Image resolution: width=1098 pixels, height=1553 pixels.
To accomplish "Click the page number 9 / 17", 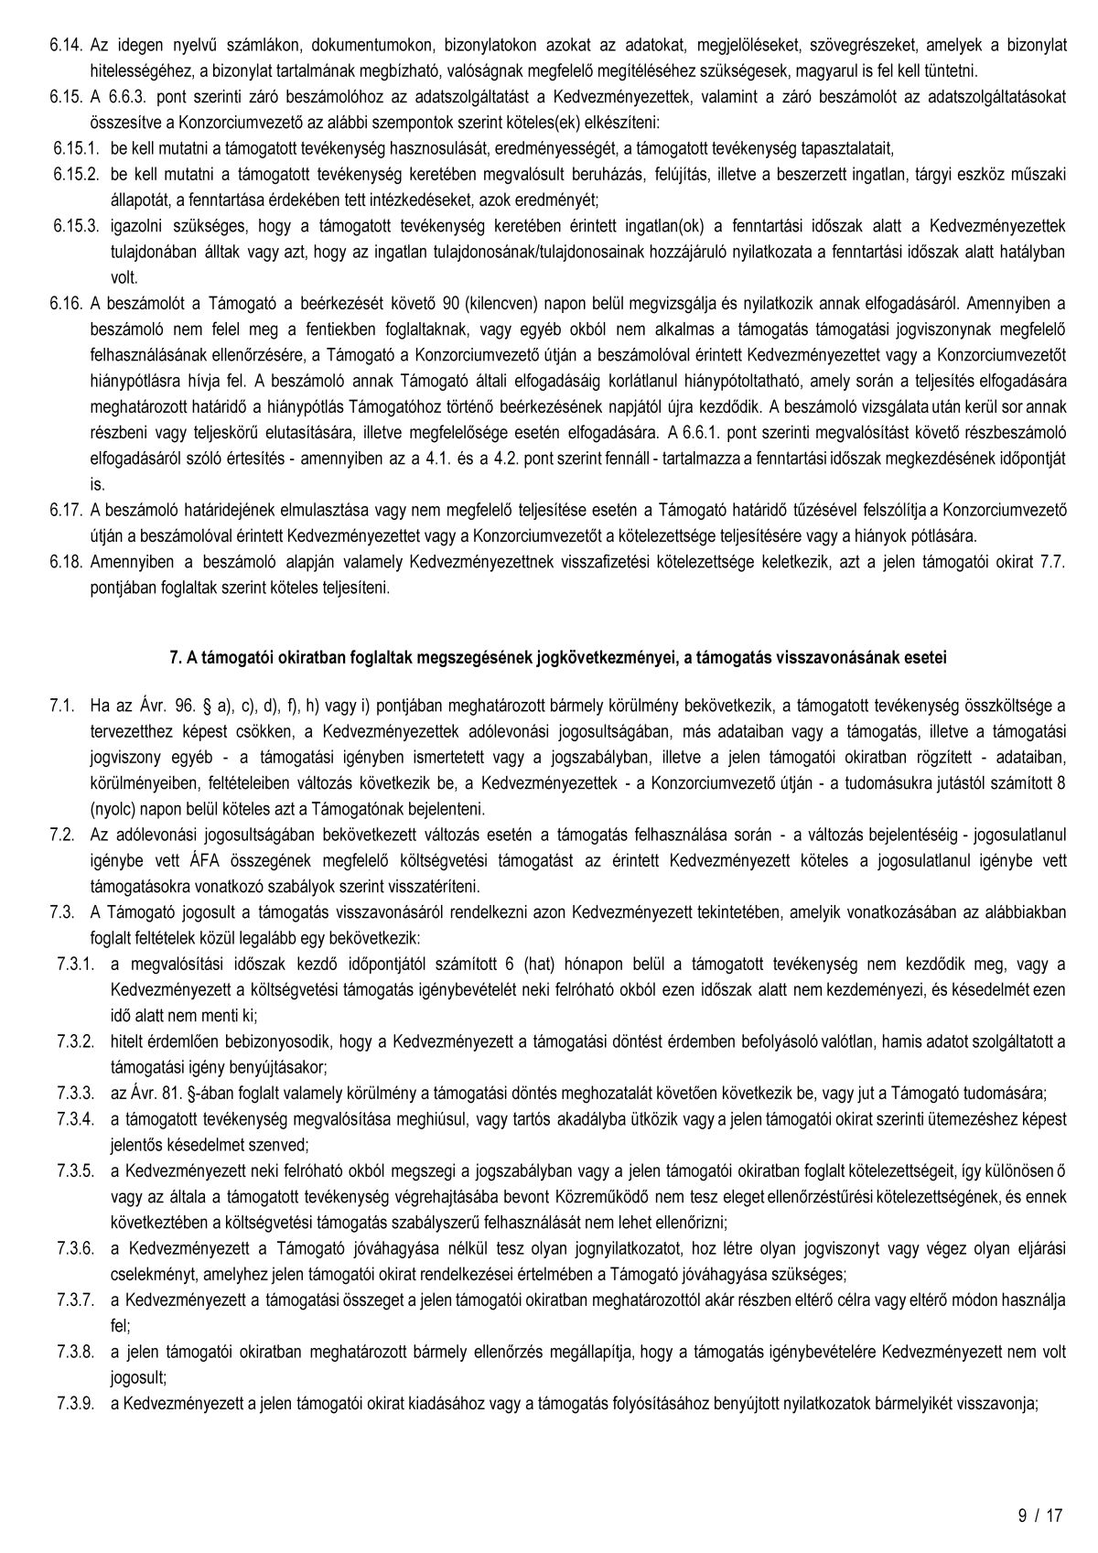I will click(x=1040, y=1515).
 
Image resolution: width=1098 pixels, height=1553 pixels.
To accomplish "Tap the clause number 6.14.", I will click(x=67, y=45).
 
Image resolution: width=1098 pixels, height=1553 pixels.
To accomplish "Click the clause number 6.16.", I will click(x=67, y=301).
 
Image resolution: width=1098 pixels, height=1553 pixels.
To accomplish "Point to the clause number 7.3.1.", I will click(x=75, y=964).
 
